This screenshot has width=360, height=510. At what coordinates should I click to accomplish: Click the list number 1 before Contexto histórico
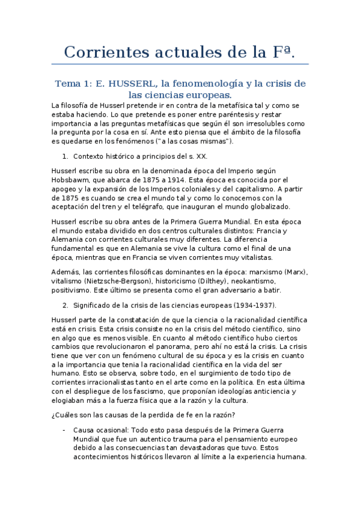click(65, 156)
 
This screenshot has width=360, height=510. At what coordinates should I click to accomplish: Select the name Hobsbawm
click(75, 180)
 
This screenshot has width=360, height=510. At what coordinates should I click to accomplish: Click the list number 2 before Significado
click(65, 306)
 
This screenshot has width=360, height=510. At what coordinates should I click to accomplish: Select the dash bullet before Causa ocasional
click(64, 430)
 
